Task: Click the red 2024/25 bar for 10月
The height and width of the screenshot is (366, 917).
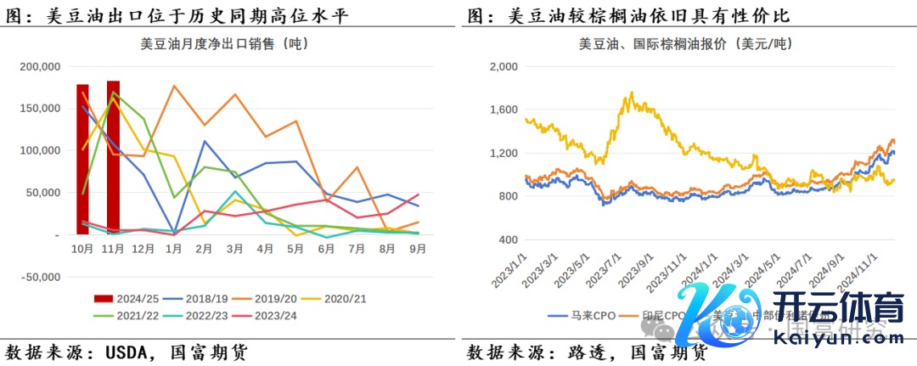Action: pyautogui.click(x=82, y=159)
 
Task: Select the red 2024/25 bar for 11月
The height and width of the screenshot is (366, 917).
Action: pyautogui.click(x=113, y=157)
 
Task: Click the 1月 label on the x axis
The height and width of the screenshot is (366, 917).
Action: pyautogui.click(x=174, y=249)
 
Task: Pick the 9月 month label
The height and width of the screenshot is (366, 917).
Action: pyautogui.click(x=417, y=249)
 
